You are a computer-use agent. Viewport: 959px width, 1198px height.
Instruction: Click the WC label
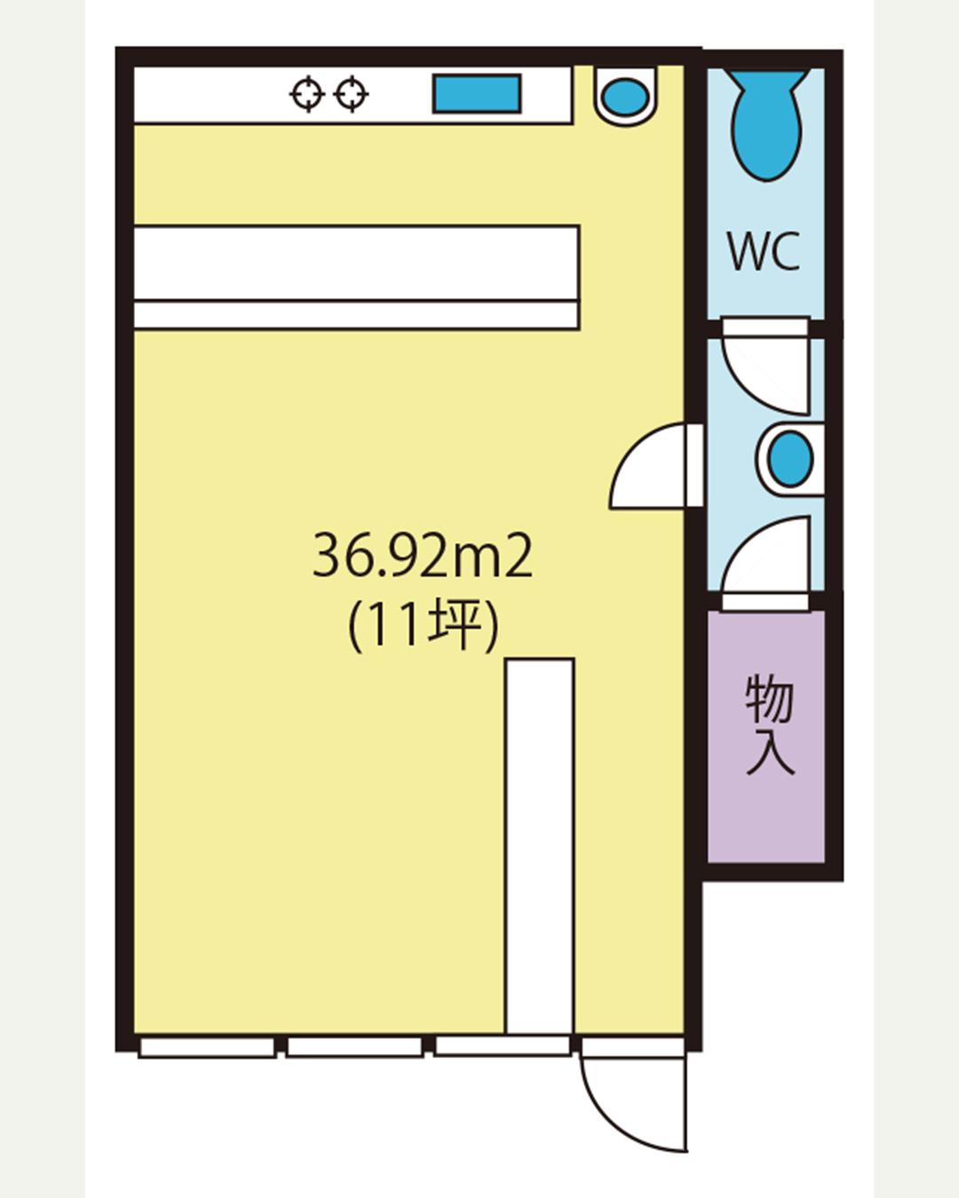click(x=764, y=252)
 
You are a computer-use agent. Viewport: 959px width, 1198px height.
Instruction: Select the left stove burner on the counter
click(x=308, y=94)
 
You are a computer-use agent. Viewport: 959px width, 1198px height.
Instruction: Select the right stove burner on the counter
click(x=352, y=94)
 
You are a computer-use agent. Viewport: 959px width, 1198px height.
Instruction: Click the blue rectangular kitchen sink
click(x=477, y=94)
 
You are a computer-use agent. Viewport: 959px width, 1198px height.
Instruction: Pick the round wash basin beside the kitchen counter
click(x=626, y=96)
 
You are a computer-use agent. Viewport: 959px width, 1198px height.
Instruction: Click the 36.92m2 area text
click(x=423, y=557)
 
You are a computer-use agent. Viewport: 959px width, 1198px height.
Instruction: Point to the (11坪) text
click(x=423, y=625)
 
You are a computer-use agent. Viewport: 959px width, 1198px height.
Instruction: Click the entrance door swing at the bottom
click(x=634, y=1100)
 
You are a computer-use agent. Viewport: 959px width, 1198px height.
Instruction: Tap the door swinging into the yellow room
click(x=653, y=468)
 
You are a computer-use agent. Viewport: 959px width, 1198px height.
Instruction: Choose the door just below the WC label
click(x=765, y=366)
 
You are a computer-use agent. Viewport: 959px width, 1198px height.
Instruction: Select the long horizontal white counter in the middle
click(x=356, y=277)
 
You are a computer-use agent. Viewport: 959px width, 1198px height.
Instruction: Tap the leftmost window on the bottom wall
click(x=207, y=1047)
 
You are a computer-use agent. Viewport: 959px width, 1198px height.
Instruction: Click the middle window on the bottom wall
click(x=354, y=1047)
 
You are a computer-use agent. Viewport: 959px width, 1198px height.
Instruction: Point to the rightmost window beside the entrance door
click(x=502, y=1046)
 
